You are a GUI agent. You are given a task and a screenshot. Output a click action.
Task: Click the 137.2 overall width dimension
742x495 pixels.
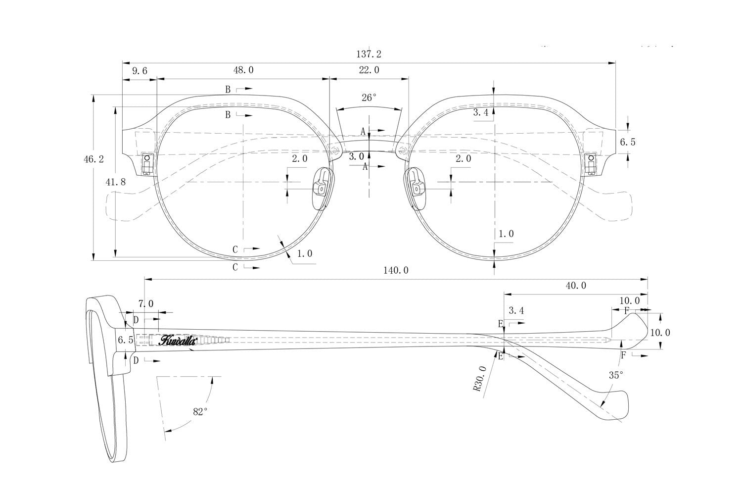[369, 54]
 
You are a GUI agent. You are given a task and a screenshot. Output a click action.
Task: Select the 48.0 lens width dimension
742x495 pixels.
[243, 70]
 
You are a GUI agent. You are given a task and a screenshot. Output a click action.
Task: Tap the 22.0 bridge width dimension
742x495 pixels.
[369, 70]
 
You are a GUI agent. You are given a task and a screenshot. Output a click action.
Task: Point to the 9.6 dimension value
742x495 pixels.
[139, 71]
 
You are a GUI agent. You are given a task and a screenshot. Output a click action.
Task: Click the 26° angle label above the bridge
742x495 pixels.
[369, 98]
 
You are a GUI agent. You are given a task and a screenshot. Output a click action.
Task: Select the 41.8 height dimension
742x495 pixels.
[116, 182]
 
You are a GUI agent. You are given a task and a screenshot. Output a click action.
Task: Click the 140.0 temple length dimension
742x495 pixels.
[396, 270]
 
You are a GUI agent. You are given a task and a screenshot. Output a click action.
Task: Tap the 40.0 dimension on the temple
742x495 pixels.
[576, 286]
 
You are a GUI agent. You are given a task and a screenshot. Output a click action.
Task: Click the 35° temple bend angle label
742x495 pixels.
[615, 375]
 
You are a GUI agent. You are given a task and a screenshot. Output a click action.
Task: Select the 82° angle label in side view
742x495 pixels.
[199, 411]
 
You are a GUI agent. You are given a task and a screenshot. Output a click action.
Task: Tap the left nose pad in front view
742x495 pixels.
[322, 188]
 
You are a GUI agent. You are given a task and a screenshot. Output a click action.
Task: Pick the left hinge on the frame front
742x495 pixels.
[147, 164]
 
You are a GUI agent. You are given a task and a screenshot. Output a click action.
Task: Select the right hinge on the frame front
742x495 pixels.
[591, 164]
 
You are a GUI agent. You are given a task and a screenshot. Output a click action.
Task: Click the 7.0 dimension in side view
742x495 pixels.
[146, 303]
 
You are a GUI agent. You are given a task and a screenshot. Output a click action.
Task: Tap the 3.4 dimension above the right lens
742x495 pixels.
[481, 113]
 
